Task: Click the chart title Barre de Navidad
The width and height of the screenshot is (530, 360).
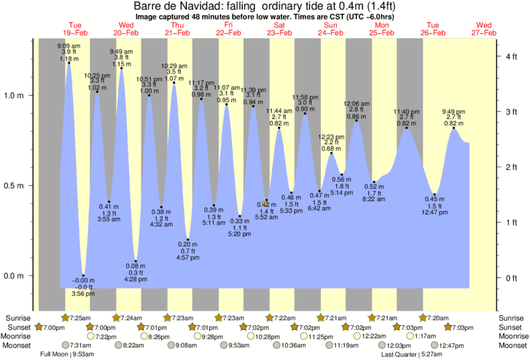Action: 265,6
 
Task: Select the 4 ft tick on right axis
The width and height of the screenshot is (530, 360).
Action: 512,57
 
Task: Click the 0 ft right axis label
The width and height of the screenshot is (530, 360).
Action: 512,278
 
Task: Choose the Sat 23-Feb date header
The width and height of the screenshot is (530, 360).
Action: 279,28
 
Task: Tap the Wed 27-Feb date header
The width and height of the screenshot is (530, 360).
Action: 483,28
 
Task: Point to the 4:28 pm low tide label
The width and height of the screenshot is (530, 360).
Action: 136,279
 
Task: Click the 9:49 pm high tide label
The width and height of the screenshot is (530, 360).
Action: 454,112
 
